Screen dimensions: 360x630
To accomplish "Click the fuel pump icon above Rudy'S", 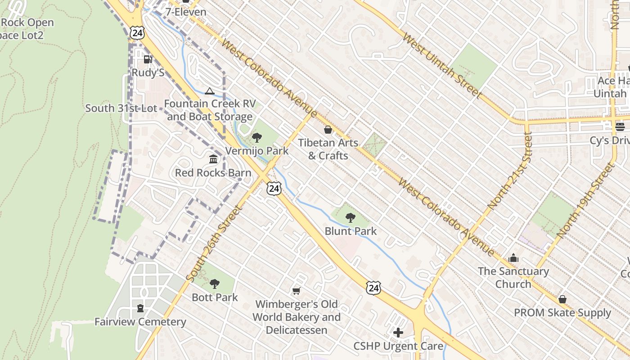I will (x=148, y=59).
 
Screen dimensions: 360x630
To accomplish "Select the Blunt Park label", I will (x=351, y=231).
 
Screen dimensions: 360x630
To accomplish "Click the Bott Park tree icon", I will (x=215, y=284).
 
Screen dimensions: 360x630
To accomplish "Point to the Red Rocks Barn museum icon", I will (x=213, y=159).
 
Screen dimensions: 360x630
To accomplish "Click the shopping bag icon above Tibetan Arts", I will (x=328, y=130).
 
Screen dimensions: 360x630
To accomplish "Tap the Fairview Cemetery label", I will (x=140, y=322).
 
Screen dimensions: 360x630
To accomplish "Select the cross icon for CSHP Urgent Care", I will (x=398, y=333).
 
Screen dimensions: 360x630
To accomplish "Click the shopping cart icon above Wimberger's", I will (x=296, y=291).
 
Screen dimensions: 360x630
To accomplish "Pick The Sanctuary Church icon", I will (x=513, y=258).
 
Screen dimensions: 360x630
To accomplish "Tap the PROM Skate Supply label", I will (x=562, y=312).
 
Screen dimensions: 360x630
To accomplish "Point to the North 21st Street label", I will (x=509, y=171).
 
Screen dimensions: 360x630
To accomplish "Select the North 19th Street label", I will (x=585, y=201).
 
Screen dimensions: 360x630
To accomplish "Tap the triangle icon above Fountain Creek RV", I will (x=209, y=91).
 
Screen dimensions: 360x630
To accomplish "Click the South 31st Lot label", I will (x=121, y=108).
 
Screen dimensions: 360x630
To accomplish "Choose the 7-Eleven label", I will (x=186, y=12).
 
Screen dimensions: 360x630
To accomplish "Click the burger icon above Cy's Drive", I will (x=620, y=127).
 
